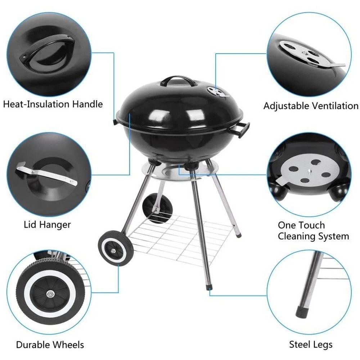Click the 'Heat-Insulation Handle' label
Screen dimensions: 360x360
pyautogui.click(x=53, y=104)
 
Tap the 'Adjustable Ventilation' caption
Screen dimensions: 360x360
pyautogui.click(x=311, y=106)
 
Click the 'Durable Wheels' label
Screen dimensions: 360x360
pyautogui.click(x=50, y=345)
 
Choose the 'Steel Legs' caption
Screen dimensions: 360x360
pyautogui.click(x=311, y=345)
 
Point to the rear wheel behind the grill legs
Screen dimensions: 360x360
pyautogui.click(x=156, y=207)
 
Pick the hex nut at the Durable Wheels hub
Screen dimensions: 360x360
pyautogui.click(x=49, y=292)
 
